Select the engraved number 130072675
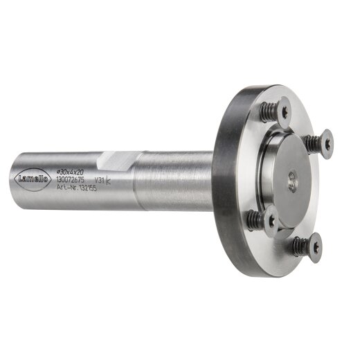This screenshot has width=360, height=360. (69, 179)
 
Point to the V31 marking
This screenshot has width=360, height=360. (100, 180)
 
